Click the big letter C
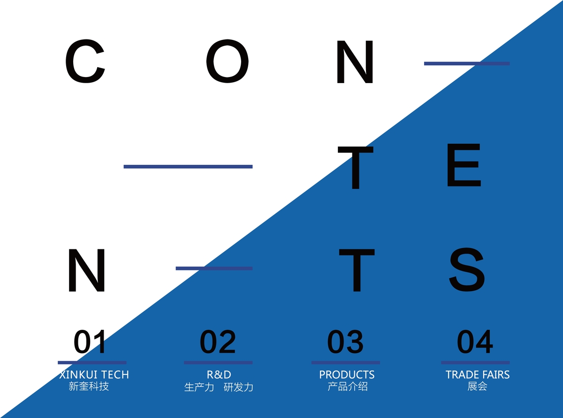click(85, 61)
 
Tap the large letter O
click(227, 61)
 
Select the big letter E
click(464, 165)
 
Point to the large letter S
click(467, 269)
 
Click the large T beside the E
click(356, 168)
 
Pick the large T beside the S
click(357, 271)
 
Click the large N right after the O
click(355, 62)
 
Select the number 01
click(90, 342)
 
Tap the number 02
click(218, 342)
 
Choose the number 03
click(345, 342)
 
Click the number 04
click(475, 342)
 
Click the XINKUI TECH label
click(94, 375)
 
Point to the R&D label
click(219, 375)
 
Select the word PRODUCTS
click(347, 375)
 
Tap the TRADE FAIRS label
click(478, 375)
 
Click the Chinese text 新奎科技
click(89, 386)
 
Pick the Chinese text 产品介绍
click(348, 386)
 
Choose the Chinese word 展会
click(477, 386)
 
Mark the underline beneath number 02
click(218, 363)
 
